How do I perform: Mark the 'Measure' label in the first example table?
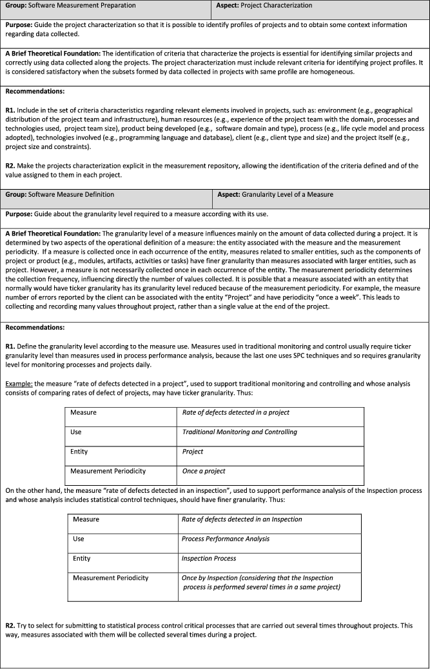tap(84, 412)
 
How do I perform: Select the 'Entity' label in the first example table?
tap(79, 452)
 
